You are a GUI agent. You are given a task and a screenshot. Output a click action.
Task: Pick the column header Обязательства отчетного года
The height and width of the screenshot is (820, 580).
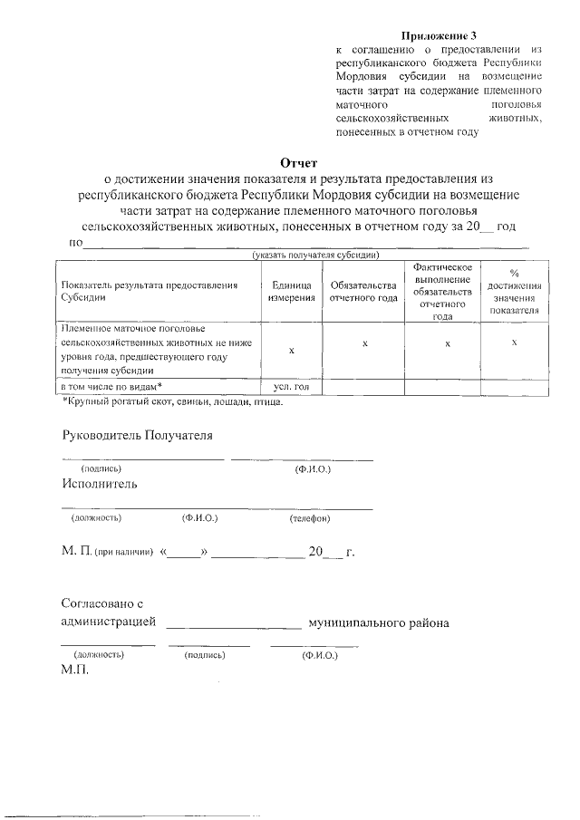pos(363,291)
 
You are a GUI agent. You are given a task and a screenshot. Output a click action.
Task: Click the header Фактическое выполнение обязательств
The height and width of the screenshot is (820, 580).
pos(441,291)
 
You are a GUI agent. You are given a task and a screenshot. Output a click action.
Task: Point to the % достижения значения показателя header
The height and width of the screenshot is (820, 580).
pos(514,291)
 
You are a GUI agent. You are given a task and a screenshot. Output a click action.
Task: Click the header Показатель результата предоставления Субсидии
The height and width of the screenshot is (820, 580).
pos(150,291)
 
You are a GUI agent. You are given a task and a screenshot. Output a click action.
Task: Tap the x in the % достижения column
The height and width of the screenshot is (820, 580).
pos(514,342)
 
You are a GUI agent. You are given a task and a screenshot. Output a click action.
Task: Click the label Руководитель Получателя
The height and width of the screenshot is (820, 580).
pos(137,435)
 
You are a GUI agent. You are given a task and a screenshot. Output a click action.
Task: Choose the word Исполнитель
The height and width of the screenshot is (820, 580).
pos(100,484)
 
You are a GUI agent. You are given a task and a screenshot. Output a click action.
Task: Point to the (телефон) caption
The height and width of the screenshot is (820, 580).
pos(310,518)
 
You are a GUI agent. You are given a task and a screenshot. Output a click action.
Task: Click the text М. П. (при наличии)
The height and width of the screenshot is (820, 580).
pos(108,553)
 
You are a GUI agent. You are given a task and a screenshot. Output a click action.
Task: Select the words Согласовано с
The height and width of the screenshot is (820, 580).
pos(102,603)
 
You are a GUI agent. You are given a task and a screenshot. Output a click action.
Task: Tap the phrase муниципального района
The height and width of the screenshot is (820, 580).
pos(379,623)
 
